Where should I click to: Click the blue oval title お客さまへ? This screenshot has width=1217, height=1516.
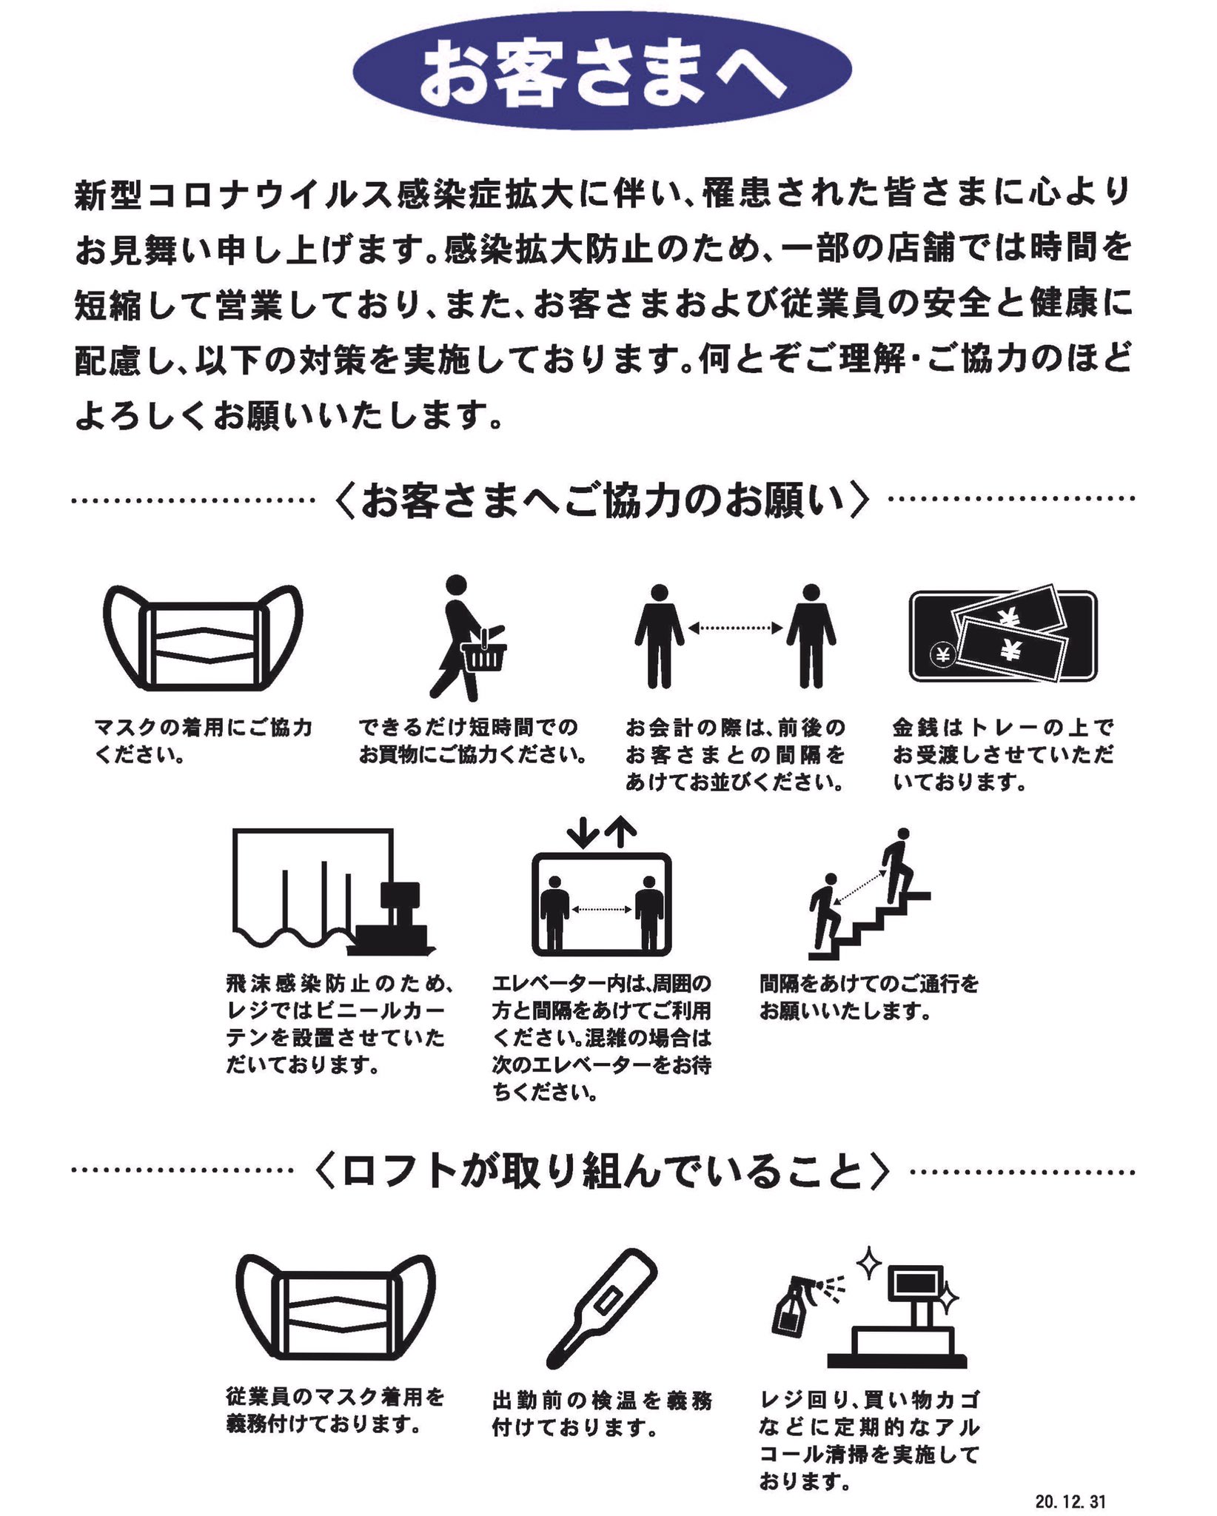(603, 72)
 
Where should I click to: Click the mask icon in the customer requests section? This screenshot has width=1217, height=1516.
(203, 638)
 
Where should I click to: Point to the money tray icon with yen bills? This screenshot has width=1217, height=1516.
(1002, 637)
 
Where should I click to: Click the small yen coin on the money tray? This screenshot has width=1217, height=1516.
(942, 654)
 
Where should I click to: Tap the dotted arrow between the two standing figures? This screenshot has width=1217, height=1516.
(735, 628)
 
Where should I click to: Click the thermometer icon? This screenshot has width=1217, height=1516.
(602, 1310)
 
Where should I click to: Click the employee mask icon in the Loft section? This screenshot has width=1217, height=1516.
(335, 1309)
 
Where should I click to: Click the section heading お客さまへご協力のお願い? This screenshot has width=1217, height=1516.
(601, 500)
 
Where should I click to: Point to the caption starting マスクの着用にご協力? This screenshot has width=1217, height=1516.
(203, 740)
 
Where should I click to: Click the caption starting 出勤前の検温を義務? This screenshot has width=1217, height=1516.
(601, 1413)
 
